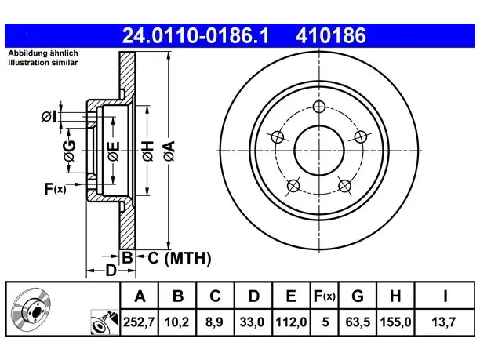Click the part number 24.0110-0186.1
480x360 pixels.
(x=195, y=35)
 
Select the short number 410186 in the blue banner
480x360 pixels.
(x=331, y=35)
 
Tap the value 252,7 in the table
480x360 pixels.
(x=139, y=322)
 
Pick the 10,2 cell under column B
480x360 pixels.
(x=177, y=322)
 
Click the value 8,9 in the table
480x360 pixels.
(x=214, y=322)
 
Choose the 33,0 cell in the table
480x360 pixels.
(x=252, y=322)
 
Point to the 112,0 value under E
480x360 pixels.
(x=291, y=322)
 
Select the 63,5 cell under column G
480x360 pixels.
(x=358, y=322)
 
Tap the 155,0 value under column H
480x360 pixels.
(x=395, y=322)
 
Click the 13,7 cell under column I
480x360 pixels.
(x=444, y=322)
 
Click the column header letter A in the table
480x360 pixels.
(x=140, y=296)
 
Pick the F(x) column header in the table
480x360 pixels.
(x=325, y=296)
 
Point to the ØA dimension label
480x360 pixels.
(x=169, y=151)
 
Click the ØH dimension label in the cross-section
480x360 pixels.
(x=147, y=151)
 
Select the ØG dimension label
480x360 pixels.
(x=70, y=151)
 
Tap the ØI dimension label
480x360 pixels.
(x=49, y=117)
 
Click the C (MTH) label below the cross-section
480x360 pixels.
(x=180, y=258)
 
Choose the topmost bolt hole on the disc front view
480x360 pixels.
(x=319, y=107)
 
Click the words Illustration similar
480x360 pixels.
(x=43, y=63)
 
